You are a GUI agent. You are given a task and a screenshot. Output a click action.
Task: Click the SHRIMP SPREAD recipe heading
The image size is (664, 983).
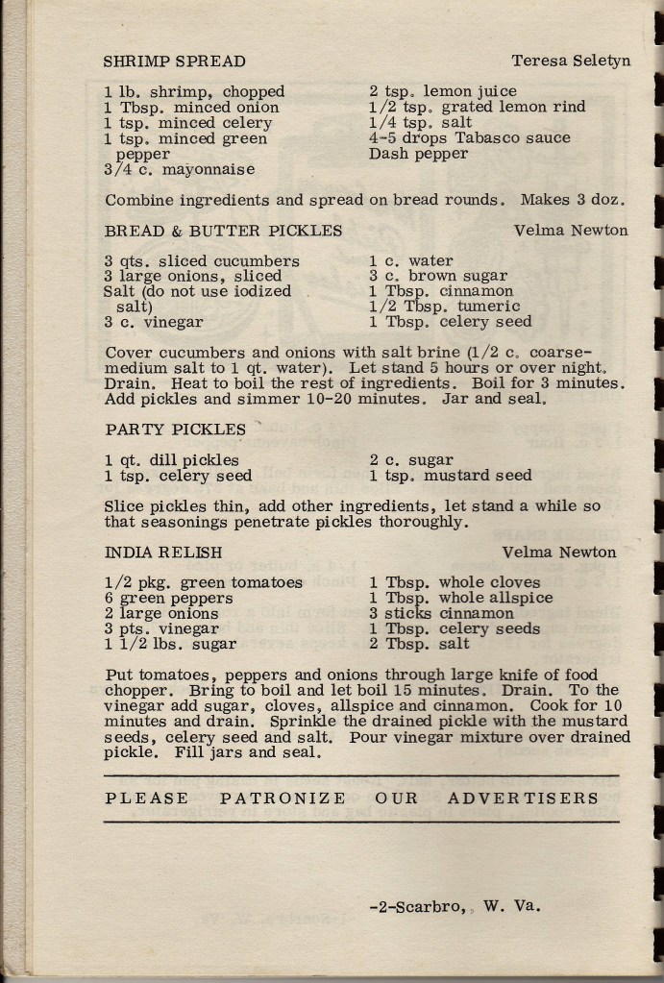(174, 61)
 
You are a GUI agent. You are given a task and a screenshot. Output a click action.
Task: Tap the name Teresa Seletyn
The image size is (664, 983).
(571, 61)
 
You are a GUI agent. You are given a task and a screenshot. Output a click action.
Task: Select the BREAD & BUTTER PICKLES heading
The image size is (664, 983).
(223, 231)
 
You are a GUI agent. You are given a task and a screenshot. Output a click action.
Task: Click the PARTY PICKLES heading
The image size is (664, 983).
(175, 430)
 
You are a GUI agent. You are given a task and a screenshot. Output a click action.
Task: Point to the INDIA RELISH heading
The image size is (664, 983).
(163, 553)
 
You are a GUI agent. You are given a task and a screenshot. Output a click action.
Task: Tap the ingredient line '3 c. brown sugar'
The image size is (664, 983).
(438, 276)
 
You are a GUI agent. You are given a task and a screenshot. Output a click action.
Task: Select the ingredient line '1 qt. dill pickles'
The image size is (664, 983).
(172, 460)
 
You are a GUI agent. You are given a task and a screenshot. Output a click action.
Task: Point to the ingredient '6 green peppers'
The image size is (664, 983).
(168, 598)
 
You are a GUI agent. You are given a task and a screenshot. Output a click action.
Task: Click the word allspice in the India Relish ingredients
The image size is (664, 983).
(519, 598)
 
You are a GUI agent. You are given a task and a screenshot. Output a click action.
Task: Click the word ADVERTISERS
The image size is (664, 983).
(523, 799)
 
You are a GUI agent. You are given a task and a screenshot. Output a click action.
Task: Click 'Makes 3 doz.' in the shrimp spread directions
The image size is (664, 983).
(574, 201)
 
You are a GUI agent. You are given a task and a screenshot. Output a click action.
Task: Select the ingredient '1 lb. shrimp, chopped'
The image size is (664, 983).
(194, 92)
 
